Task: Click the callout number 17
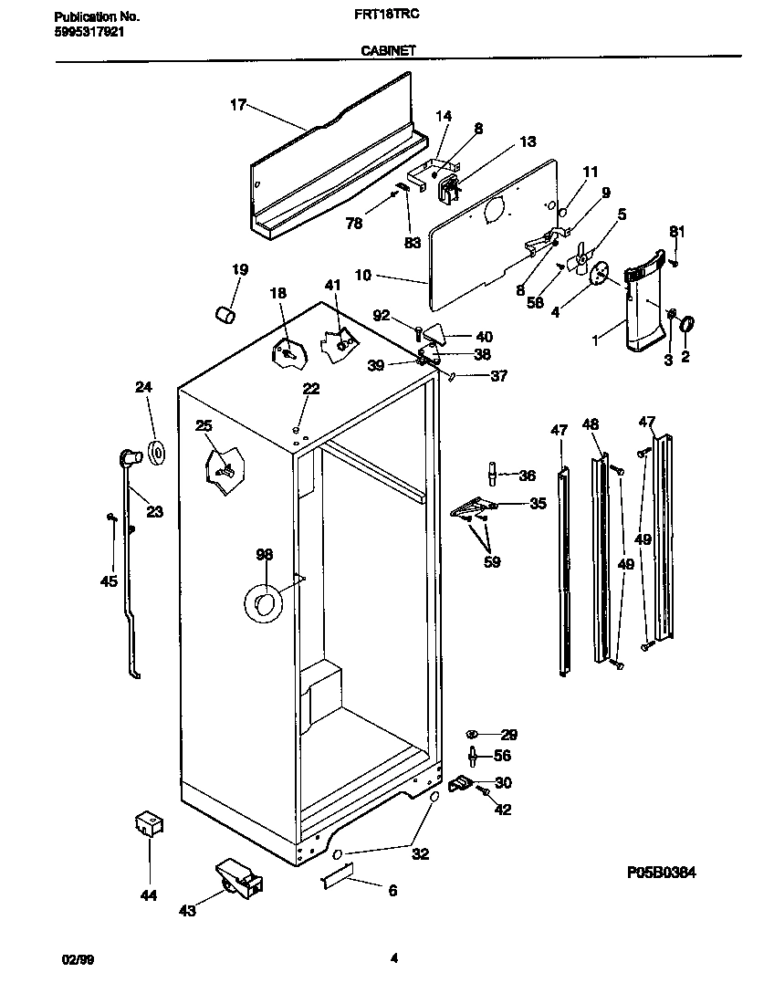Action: (x=237, y=105)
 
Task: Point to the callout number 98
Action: (x=264, y=555)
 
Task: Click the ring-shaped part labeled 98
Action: (x=264, y=603)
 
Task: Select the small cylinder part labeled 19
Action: (x=225, y=314)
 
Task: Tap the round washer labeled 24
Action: (x=153, y=451)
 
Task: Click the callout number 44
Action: (x=148, y=895)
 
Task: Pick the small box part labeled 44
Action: (x=148, y=824)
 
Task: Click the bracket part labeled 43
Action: (x=239, y=878)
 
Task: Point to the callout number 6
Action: (x=392, y=891)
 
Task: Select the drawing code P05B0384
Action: (x=662, y=873)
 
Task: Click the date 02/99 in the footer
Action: (x=77, y=959)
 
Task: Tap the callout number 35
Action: (x=538, y=503)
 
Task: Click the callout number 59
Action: (x=491, y=562)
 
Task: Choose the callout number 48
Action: (x=591, y=424)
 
